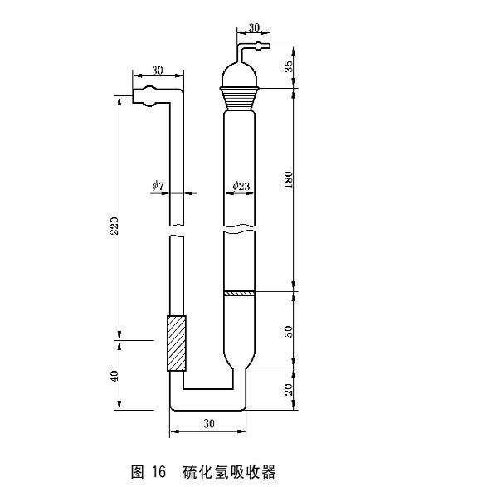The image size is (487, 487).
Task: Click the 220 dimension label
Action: tap(114, 225)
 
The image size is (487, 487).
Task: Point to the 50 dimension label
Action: tap(288, 331)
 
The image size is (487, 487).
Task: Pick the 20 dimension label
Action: tap(288, 390)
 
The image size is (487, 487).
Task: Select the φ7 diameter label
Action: tap(158, 185)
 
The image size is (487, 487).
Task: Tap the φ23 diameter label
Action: tap(241, 185)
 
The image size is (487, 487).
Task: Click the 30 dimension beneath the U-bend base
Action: tap(209, 423)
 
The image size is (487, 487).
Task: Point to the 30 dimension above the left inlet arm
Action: tap(157, 71)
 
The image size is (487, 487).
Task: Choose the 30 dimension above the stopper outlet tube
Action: tap(254, 27)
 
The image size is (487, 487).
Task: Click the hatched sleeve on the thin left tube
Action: tap(177, 343)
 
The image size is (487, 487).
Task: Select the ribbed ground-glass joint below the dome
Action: tap(240, 95)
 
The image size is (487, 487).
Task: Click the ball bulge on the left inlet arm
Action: tap(146, 97)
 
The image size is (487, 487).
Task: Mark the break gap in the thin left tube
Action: tap(177, 231)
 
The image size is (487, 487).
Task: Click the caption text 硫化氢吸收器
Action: tap(228, 472)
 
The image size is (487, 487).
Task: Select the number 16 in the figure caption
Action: tap(161, 472)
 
